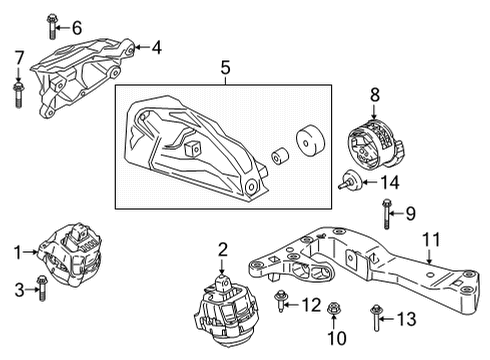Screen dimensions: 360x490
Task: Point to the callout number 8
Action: coord(375,95)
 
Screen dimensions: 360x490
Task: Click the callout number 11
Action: coord(431,238)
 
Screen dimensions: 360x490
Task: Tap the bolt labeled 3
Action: coord(39,288)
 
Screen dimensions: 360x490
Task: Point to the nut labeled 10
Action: coord(332,318)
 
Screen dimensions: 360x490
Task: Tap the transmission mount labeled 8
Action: coord(372,145)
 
